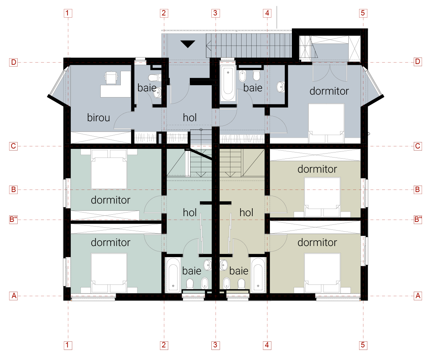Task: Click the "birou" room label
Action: click(98, 118)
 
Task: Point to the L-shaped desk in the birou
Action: click(116, 86)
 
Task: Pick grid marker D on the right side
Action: click(417, 62)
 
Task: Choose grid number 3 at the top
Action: click(215, 13)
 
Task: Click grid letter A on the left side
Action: click(14, 296)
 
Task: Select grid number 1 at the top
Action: click(68, 13)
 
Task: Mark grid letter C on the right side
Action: click(417, 146)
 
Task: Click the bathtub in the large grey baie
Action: click(228, 83)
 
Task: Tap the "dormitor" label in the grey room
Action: click(329, 91)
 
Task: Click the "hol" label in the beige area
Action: click(246, 213)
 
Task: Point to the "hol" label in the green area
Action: click(190, 213)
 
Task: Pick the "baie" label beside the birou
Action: click(147, 87)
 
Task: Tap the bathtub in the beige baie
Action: click(258, 274)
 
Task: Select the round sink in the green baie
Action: click(207, 265)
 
